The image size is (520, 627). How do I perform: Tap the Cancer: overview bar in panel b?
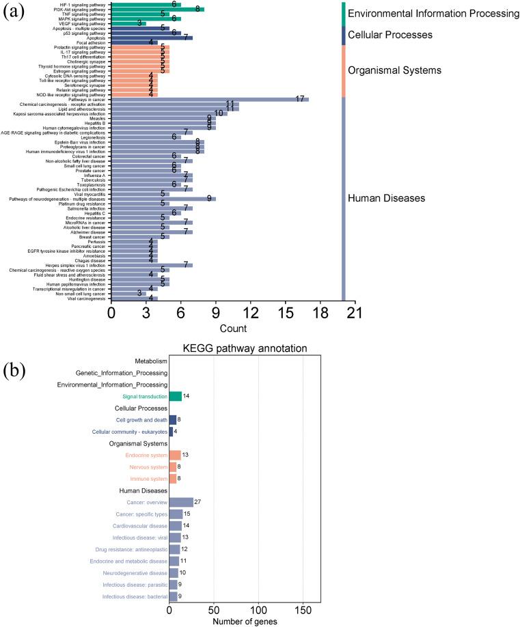(181, 502)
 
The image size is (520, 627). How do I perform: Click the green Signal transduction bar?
(175, 395)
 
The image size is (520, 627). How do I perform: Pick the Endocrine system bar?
(175, 455)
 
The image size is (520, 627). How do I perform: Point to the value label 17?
(299, 99)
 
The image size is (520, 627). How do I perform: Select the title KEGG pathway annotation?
(244, 349)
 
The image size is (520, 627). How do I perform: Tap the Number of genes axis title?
(244, 622)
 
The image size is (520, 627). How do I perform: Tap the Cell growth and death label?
(141, 419)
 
